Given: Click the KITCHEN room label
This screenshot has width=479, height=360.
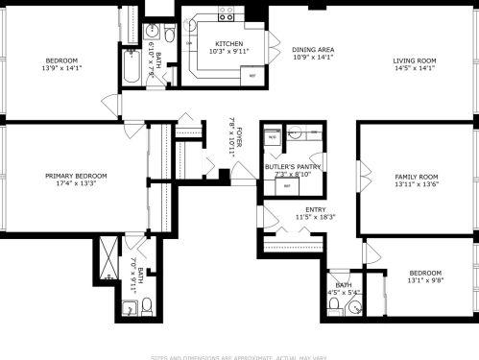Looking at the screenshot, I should (228, 43).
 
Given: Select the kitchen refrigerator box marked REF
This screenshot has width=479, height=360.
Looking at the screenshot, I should (252, 74).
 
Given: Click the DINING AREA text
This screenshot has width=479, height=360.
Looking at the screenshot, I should (313, 49).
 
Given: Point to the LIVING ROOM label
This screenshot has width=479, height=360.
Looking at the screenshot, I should (414, 60).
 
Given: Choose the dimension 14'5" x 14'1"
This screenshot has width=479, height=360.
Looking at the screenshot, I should (414, 68).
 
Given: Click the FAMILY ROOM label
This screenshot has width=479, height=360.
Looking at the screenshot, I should (416, 177).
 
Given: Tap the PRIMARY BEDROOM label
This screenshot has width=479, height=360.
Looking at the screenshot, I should (76, 176).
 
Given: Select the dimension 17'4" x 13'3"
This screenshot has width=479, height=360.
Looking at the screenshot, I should (76, 184).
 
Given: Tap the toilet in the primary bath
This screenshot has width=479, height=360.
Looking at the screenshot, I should (147, 307).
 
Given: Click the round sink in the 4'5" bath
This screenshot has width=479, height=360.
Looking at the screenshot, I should (353, 307).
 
